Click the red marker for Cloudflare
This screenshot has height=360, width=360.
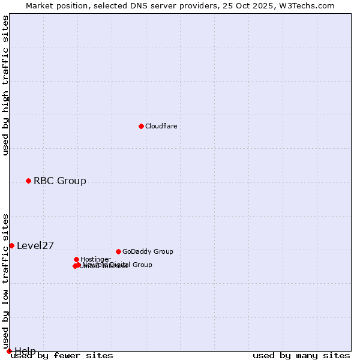(141, 126)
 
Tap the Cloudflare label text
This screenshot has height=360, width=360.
(161, 126)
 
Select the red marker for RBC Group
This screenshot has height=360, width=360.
(28, 181)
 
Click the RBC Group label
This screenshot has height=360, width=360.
(59, 181)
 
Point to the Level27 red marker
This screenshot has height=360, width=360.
(11, 245)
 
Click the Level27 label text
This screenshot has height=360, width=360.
(35, 245)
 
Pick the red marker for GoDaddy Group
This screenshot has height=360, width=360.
(118, 251)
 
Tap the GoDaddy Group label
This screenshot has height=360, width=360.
(148, 251)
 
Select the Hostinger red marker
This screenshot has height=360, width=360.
(76, 259)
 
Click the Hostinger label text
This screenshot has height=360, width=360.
(95, 259)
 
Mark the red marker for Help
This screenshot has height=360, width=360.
(9, 351)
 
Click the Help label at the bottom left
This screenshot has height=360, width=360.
(25, 351)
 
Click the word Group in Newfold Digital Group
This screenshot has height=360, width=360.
(142, 265)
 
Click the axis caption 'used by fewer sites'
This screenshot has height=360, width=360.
(62, 356)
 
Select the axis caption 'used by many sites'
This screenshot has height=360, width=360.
(301, 356)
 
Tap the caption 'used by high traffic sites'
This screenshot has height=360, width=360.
(6, 85)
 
